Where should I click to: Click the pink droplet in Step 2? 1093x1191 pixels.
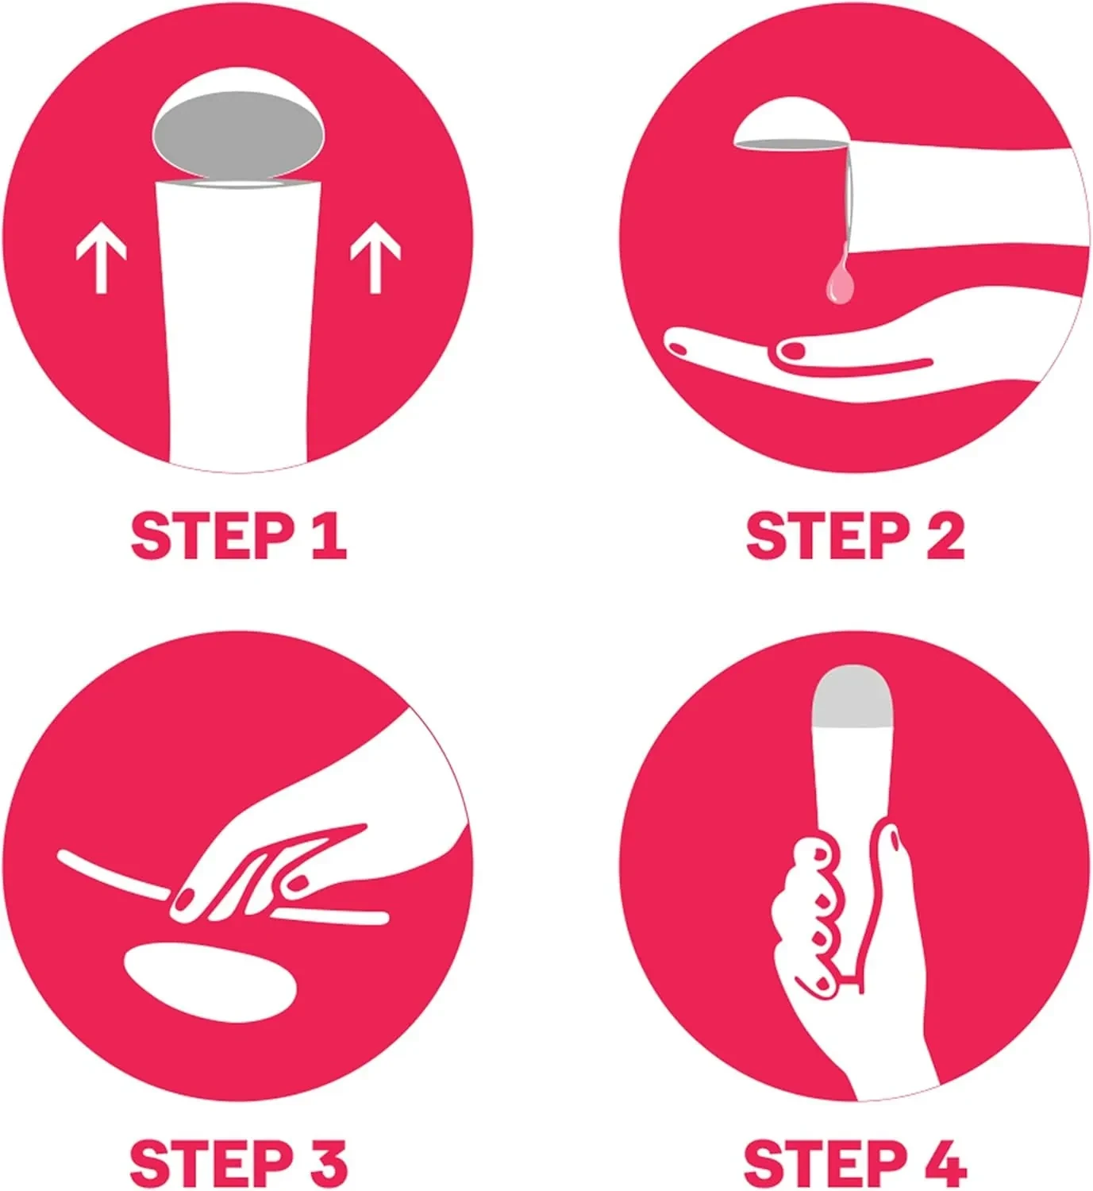point(836,283)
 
